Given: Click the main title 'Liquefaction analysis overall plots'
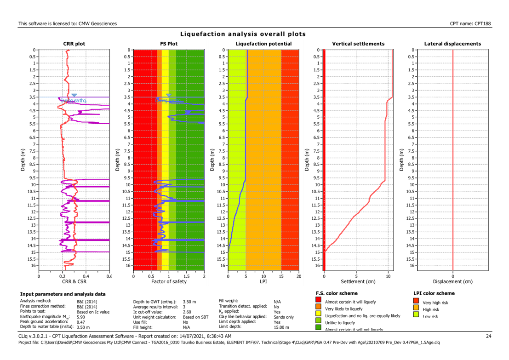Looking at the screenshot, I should pyautogui.click(x=243, y=34).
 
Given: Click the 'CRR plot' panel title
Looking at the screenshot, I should pyautogui.click(x=74, y=44).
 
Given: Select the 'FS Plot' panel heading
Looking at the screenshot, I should pyautogui.click(x=169, y=44).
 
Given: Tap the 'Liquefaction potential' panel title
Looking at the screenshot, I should pyautogui.click(x=263, y=44).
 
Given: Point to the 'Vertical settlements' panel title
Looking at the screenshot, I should pyautogui.click(x=358, y=44).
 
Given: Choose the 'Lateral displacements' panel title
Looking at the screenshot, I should pyautogui.click(x=453, y=44).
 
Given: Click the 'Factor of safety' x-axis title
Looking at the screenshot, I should pyautogui.click(x=169, y=281).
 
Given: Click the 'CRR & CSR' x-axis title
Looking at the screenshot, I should pyautogui.click(x=74, y=281).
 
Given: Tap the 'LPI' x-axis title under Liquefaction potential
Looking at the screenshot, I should pyautogui.click(x=263, y=281).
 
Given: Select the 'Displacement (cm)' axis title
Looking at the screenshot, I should pyautogui.click(x=453, y=281).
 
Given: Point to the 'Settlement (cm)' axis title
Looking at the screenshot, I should pyautogui.click(x=358, y=281).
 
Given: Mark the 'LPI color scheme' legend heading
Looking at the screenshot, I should pyautogui.click(x=435, y=293).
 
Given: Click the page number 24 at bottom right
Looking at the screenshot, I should pyautogui.click(x=489, y=336).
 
